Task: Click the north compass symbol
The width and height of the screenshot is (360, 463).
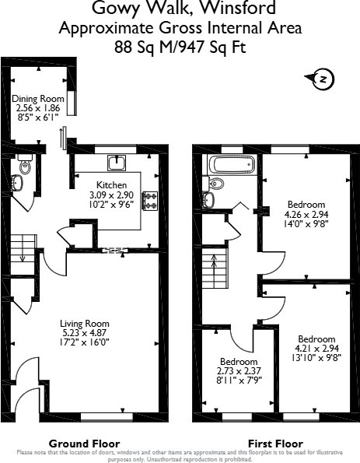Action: click(x=320, y=79)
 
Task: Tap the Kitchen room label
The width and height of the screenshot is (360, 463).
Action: click(x=111, y=185)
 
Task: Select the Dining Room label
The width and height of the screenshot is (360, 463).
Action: click(x=38, y=99)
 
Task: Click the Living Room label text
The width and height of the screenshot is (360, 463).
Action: click(x=85, y=324)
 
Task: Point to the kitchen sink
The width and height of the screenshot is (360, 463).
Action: click(x=117, y=163)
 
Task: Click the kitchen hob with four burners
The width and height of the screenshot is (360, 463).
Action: click(x=150, y=201)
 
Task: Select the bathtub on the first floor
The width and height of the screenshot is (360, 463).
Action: click(x=232, y=164)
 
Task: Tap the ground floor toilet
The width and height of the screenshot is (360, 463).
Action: click(x=25, y=165)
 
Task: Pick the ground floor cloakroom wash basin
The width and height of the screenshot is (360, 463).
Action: click(x=17, y=182)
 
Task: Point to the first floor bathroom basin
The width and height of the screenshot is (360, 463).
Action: click(x=209, y=200)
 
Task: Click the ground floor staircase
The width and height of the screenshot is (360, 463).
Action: click(x=23, y=254)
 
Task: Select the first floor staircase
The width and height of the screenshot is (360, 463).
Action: click(x=215, y=268)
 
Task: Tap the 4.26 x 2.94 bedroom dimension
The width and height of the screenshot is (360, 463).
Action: click(x=306, y=214)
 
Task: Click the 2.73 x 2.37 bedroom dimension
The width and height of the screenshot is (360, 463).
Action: click(x=239, y=371)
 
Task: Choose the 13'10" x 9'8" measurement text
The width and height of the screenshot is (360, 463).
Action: click(x=316, y=358)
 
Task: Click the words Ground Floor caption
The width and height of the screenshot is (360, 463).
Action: click(x=85, y=444)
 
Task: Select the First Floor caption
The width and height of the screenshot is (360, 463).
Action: click(x=275, y=444)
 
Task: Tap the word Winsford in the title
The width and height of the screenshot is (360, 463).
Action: click(x=238, y=7)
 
